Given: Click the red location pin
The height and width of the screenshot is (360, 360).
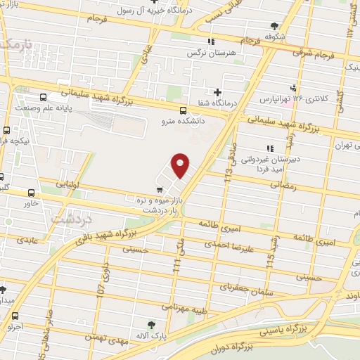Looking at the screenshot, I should (x=181, y=165).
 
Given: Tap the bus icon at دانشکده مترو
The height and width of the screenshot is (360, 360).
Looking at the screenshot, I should (x=183, y=110).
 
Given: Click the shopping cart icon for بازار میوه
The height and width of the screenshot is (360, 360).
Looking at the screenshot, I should (x=160, y=188).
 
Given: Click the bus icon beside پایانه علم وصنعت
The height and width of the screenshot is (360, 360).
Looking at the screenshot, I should (x=44, y=98).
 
